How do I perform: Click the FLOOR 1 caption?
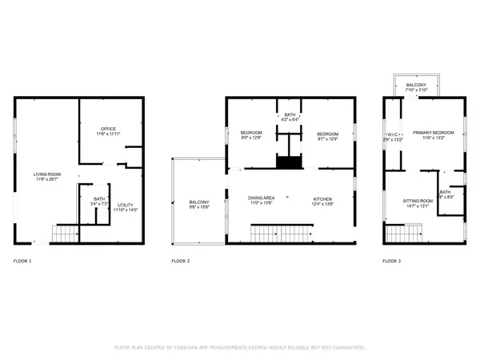coord(23,262)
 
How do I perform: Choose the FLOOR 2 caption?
coord(182,262)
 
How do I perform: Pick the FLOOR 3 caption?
coord(392,262)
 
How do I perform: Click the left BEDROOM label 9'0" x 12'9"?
coord(252,134)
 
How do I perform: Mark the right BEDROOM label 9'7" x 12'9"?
coord(327,134)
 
